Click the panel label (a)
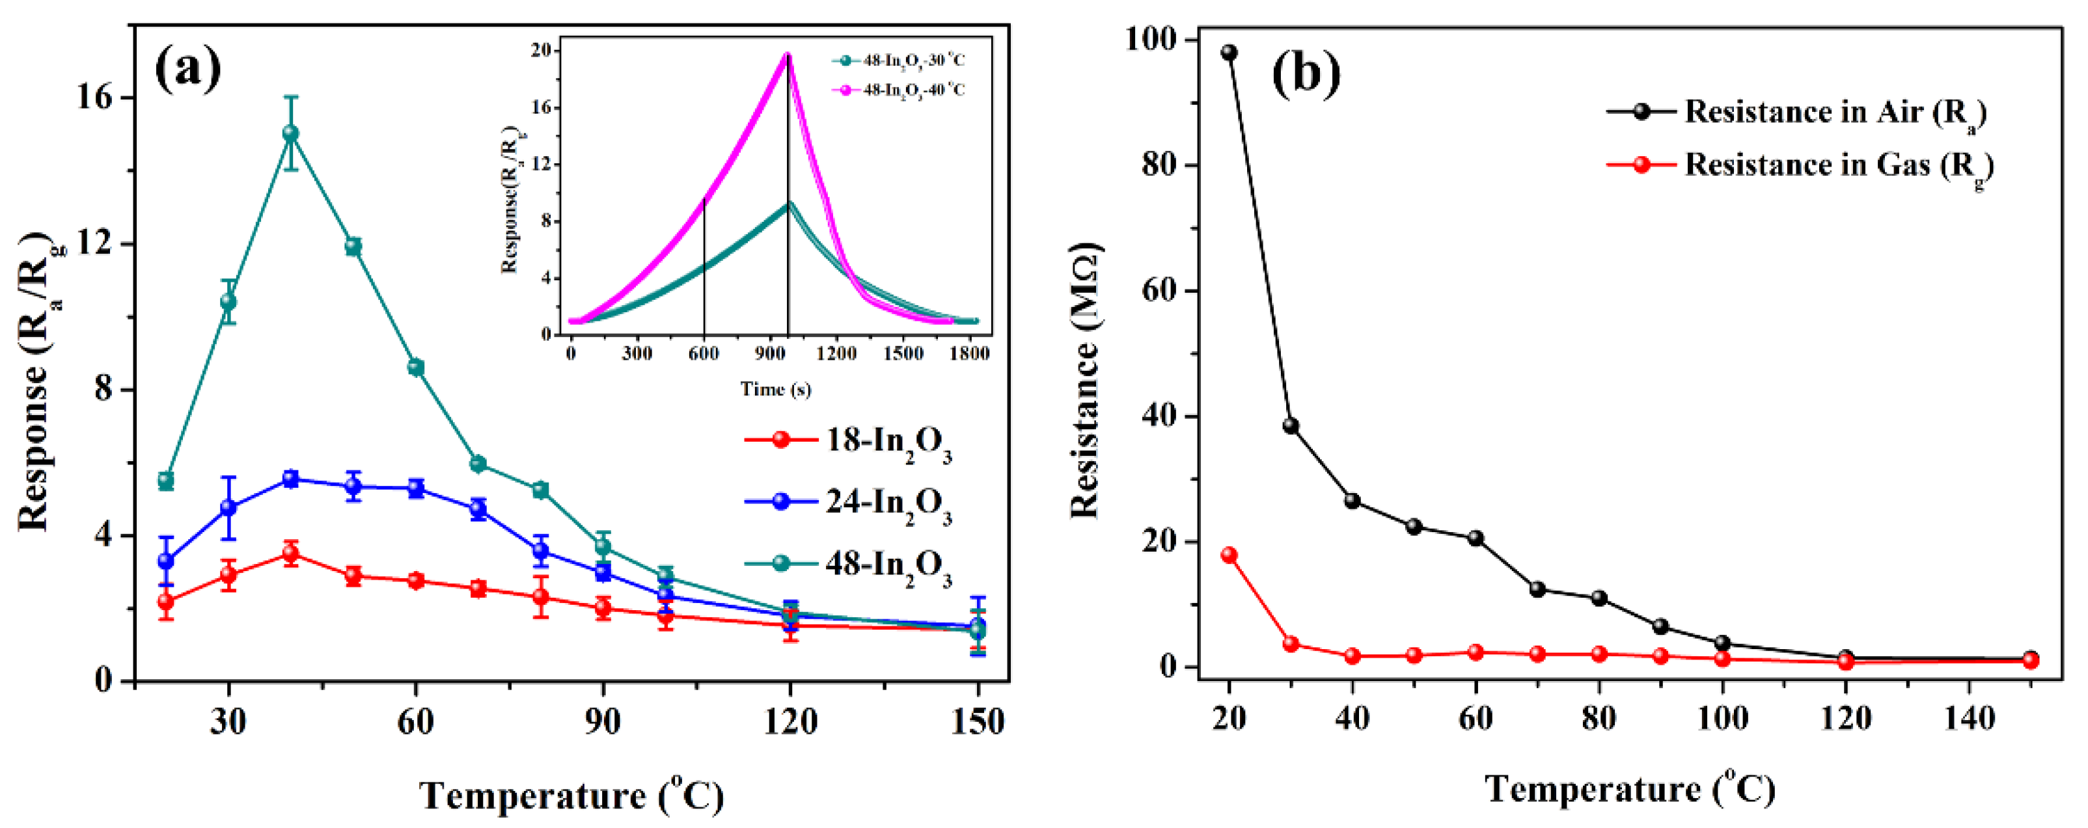tap(187, 70)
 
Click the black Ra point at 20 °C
tap(1229, 53)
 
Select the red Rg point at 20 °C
tap(1229, 555)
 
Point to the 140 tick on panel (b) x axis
tap(1969, 718)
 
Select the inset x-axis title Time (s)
tap(775, 390)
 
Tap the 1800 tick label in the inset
tap(968, 354)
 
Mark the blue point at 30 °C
tap(228, 508)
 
